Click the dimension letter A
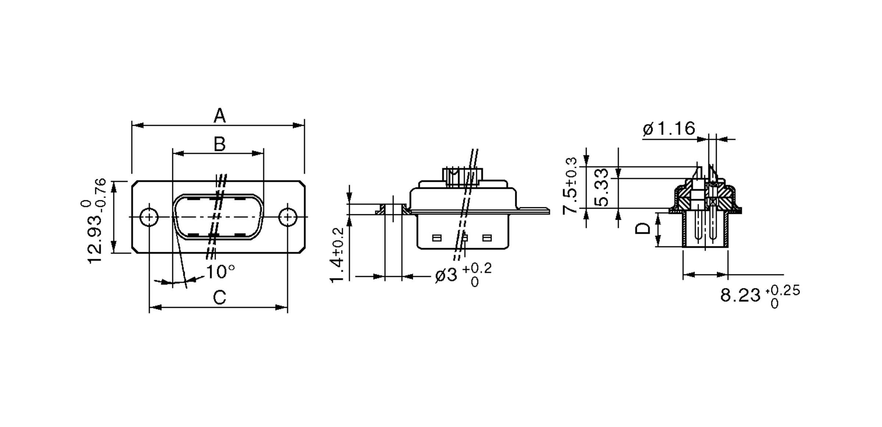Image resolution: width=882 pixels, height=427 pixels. [x=219, y=116]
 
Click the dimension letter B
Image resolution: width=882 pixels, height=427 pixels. [x=219, y=144]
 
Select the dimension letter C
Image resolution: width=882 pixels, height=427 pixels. [x=219, y=298]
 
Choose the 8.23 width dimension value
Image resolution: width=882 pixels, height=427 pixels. [x=740, y=295]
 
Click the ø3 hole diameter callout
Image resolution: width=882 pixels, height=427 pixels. [x=446, y=275]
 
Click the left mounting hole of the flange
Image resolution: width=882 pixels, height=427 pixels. [x=149, y=217]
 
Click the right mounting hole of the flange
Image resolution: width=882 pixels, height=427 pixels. [x=288, y=217]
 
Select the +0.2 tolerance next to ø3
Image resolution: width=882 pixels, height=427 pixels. [x=476, y=269]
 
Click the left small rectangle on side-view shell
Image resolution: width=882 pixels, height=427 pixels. [x=437, y=238]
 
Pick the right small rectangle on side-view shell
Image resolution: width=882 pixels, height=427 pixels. [x=487, y=238]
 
